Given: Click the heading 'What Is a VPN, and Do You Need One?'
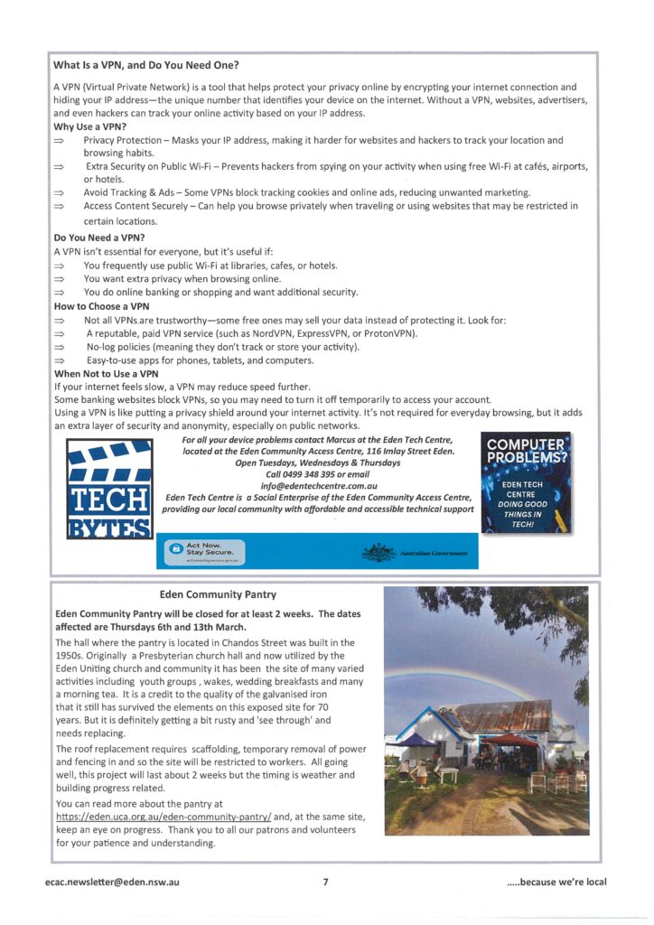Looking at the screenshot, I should point(152,65).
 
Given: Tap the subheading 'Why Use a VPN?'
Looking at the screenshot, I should point(90,127).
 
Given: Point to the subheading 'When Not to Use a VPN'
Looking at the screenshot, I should point(106,373).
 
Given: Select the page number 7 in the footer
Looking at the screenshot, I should point(326,882).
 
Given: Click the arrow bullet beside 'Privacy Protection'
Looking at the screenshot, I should point(60,141).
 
